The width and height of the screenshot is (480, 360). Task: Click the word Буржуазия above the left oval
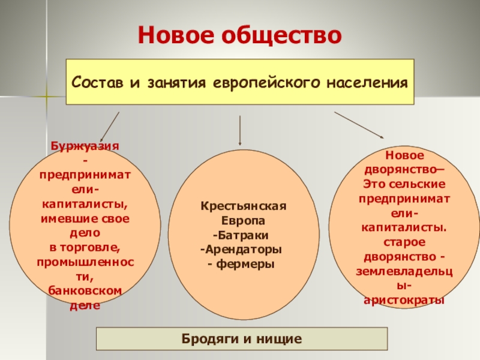[84, 146]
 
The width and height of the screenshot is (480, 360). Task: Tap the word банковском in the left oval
[84, 291]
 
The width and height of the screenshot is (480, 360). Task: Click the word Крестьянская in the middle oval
[243, 206]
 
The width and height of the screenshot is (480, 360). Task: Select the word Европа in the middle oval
[243, 220]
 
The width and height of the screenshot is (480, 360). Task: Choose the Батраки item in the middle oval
[243, 234]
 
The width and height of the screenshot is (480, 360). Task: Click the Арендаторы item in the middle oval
[242, 248]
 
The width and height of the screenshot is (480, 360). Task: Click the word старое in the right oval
[402, 241]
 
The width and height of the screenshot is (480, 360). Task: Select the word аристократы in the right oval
[403, 299]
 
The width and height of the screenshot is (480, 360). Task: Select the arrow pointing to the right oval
[359, 125]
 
